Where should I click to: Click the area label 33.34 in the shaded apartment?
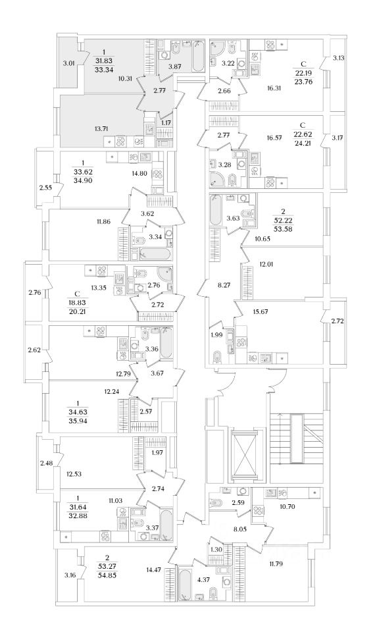click(x=103, y=70)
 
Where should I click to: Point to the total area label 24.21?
click(x=303, y=142)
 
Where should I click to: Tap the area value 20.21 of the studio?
click(x=78, y=311)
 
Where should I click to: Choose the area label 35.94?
click(x=78, y=420)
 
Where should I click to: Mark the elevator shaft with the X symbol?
click(x=245, y=456)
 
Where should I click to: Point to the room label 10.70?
click(x=289, y=507)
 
